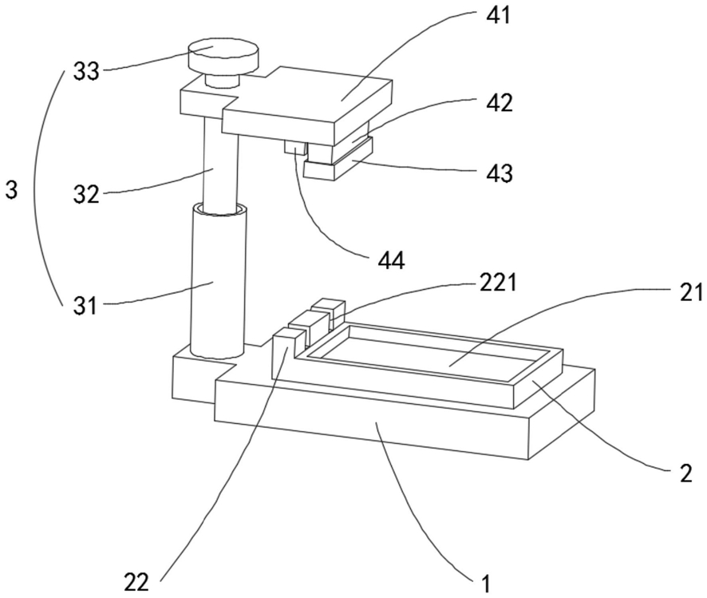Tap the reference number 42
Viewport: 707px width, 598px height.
(500, 103)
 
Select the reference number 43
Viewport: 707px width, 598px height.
(500, 172)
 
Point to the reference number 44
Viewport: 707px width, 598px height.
(391, 260)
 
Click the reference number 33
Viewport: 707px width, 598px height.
(86, 71)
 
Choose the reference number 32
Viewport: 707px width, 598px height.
(86, 194)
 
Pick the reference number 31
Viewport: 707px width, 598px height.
(85, 307)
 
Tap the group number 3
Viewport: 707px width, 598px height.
(11, 190)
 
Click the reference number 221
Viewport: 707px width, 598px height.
(497, 283)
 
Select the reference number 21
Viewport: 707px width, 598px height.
(691, 292)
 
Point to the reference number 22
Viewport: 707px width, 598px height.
(136, 582)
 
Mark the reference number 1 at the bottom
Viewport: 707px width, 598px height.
(485, 584)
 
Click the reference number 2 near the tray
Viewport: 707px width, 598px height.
(685, 474)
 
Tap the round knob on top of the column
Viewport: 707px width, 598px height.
(223, 57)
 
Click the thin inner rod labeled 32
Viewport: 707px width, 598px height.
(220, 162)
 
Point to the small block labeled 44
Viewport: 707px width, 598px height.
(295, 147)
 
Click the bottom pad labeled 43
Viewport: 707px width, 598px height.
(338, 164)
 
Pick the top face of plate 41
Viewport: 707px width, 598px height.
(306, 101)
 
